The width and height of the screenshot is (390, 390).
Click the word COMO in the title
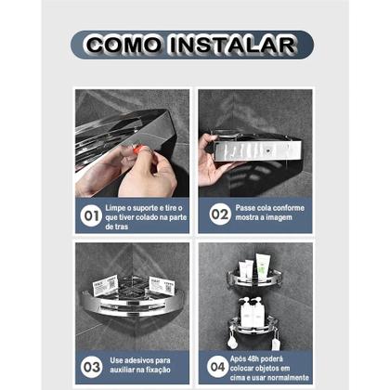point(123,44)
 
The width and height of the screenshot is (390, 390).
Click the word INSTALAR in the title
point(234,45)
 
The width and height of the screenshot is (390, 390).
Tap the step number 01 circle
point(91,215)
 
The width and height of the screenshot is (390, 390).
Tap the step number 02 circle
point(219,214)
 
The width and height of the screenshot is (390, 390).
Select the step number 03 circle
point(91,367)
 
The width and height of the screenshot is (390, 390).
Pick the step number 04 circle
point(217,367)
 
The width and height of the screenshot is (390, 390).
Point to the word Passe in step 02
point(245,208)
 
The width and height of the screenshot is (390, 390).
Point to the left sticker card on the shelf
point(105,285)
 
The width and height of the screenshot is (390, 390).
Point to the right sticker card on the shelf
point(162,285)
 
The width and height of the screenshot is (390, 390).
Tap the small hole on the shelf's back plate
point(268,151)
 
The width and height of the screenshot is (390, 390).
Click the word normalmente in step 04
point(289,378)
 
